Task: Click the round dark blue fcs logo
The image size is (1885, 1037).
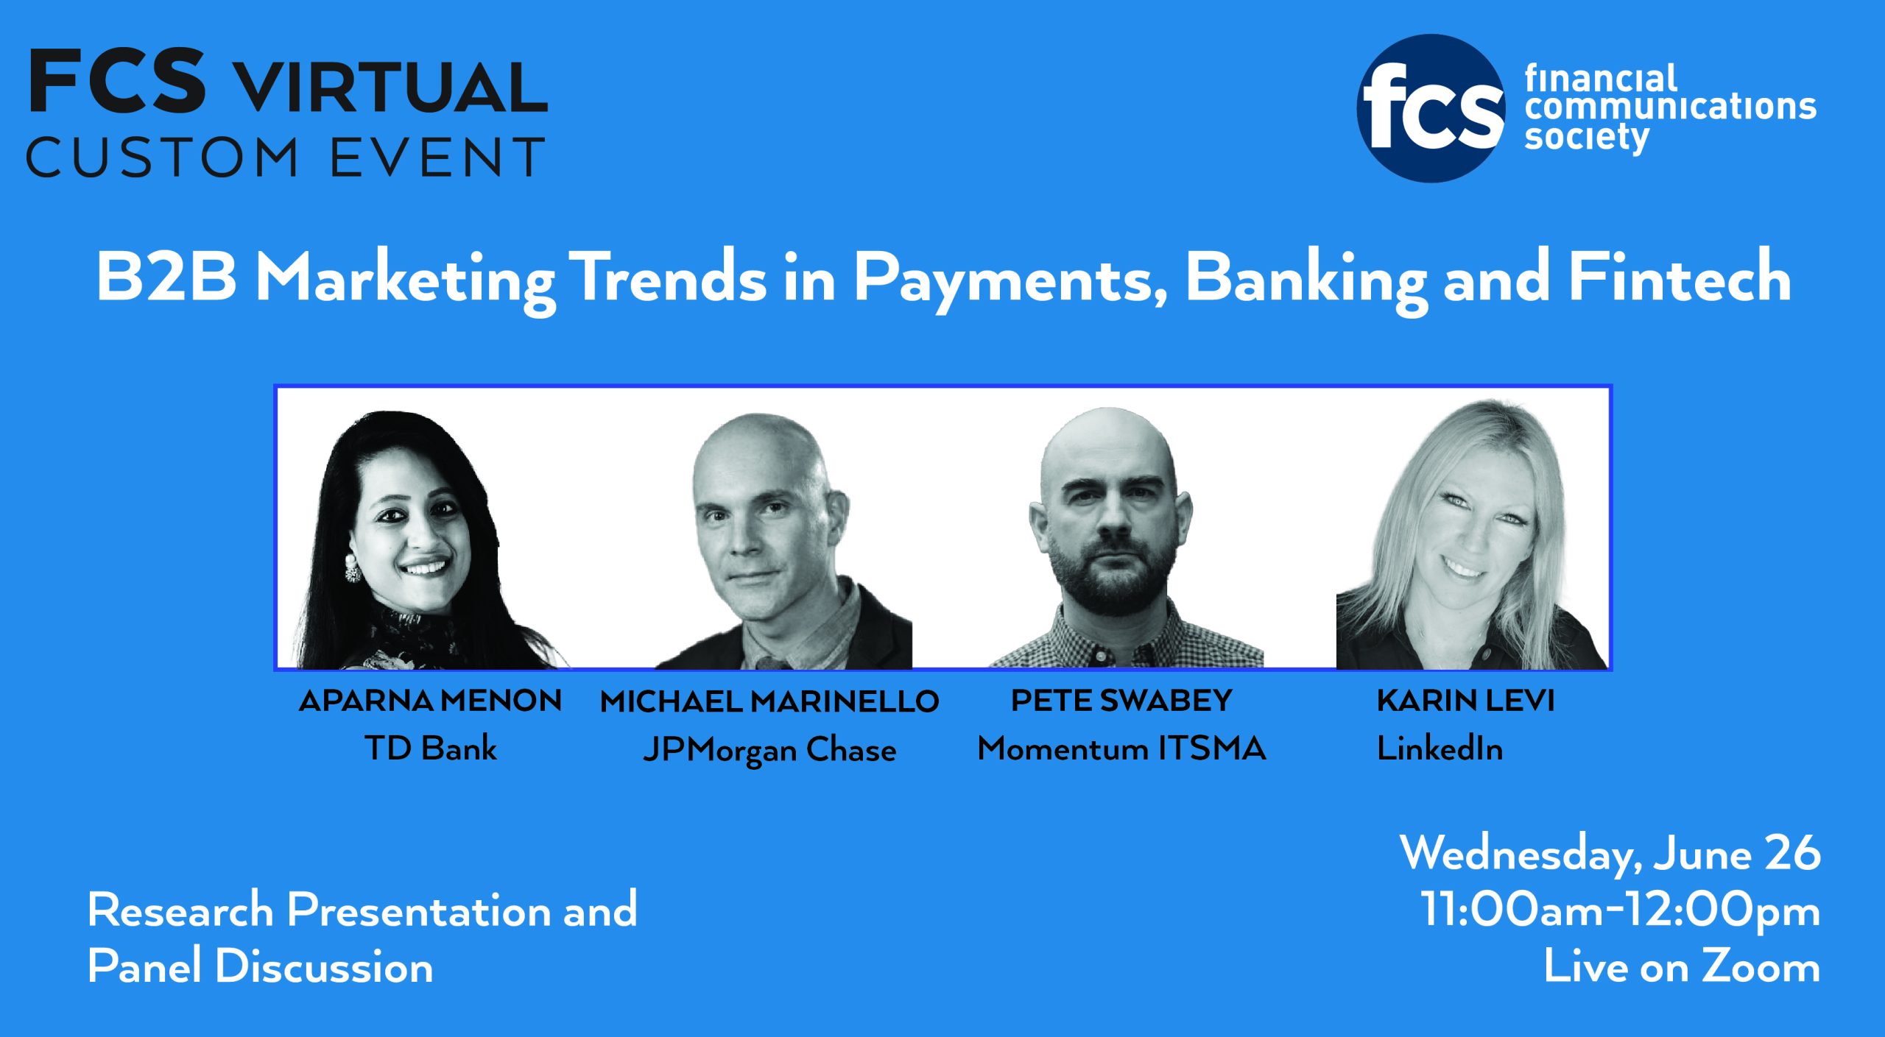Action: click(1431, 108)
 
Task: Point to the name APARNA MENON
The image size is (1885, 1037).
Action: click(431, 701)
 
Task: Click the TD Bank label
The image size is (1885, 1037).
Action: click(431, 748)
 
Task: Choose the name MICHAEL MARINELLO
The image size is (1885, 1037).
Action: click(769, 701)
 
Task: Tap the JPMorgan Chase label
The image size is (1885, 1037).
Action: click(769, 751)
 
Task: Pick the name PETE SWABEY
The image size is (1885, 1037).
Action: click(1121, 701)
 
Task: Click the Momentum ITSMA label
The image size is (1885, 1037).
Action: click(1121, 749)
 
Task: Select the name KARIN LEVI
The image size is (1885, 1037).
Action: click(1466, 701)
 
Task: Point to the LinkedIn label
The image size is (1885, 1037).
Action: click(1440, 748)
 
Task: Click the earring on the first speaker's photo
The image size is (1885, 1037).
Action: click(352, 569)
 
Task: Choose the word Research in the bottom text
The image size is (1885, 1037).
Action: click(180, 910)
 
